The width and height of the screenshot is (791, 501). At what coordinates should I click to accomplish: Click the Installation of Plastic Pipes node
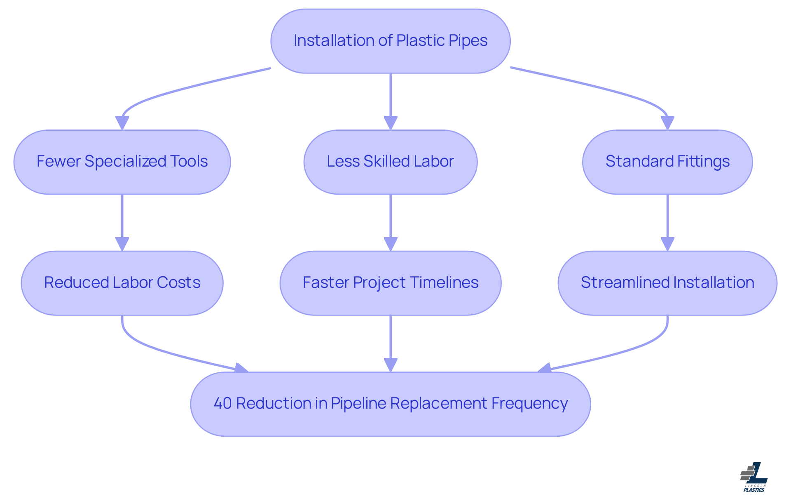(390, 41)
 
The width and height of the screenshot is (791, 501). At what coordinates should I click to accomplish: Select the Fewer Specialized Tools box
(122, 162)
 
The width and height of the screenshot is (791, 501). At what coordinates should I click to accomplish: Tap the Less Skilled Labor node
(390, 162)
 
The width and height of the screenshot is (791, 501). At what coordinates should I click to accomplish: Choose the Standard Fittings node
(667, 162)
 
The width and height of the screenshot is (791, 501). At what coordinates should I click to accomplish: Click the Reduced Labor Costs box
(122, 283)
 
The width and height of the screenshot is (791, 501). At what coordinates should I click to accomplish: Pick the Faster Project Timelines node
(390, 283)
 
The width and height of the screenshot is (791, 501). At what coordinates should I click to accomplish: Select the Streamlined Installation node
(667, 283)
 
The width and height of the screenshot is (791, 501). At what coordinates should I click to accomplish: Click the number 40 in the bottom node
(222, 403)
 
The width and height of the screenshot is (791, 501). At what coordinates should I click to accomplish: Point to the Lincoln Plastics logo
(754, 477)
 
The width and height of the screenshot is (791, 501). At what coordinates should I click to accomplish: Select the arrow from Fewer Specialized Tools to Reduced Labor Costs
(122, 219)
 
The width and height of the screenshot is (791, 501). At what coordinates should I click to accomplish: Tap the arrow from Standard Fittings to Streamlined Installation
(667, 219)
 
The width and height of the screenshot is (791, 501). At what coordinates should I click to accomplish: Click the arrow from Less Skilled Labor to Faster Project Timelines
(391, 219)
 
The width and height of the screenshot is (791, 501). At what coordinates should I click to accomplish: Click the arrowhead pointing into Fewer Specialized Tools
(122, 123)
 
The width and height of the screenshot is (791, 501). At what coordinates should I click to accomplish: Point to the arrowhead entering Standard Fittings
(667, 123)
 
